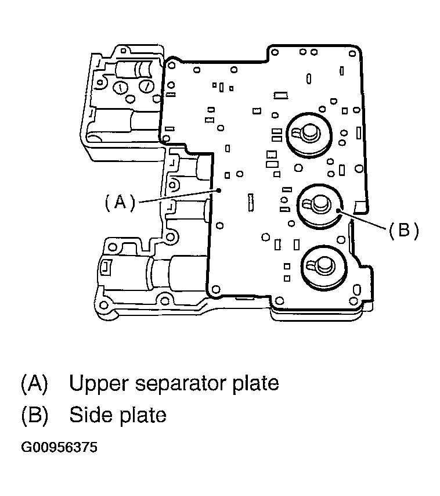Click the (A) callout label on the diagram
point(120,202)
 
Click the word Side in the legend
point(88,415)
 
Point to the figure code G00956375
point(59,448)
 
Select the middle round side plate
point(319,205)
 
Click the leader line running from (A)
point(178,195)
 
